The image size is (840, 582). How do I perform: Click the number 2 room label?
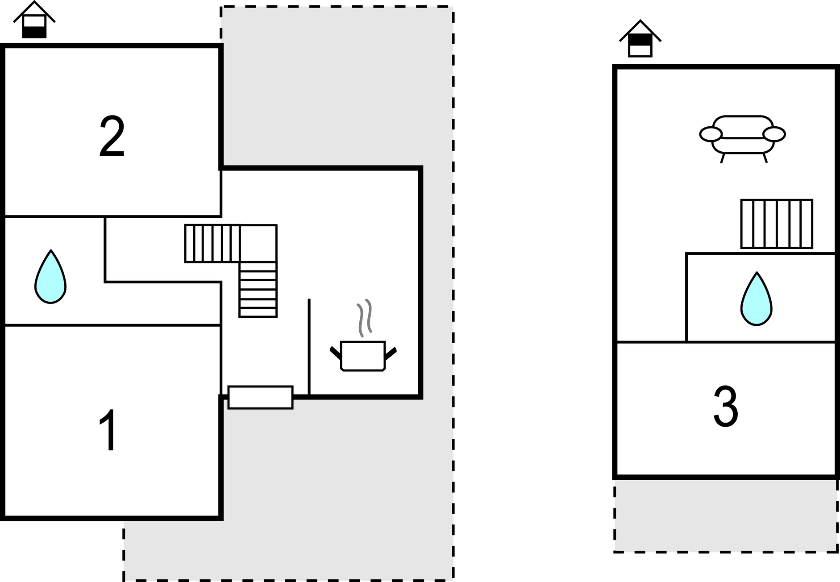tap(112, 136)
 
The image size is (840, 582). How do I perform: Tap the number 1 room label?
tap(108, 429)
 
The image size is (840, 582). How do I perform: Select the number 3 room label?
tap(726, 406)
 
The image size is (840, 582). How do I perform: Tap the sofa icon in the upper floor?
tap(743, 139)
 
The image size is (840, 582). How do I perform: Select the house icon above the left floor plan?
tap(34, 20)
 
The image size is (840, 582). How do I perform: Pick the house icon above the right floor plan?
tap(640, 38)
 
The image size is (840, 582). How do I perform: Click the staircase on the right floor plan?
tap(777, 224)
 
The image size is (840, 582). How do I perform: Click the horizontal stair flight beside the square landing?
tap(212, 243)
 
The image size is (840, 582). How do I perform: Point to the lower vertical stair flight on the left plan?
tap(258, 289)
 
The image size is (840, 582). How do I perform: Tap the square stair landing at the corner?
tap(258, 243)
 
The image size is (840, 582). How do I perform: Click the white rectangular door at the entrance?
tap(261, 397)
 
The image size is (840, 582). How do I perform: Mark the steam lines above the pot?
tap(365, 318)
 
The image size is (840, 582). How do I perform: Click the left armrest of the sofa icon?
tap(711, 134)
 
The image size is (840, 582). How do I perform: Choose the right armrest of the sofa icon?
tap(774, 134)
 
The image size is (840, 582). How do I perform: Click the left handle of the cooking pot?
tap(336, 353)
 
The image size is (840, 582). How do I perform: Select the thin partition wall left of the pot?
tap(309, 347)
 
